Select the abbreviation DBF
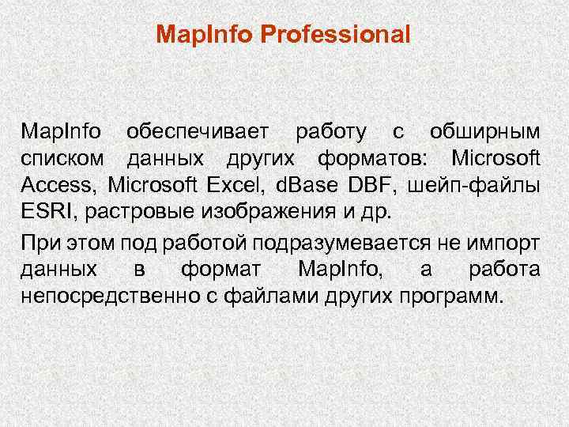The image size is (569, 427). click(x=371, y=187)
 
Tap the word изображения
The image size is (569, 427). click(x=253, y=214)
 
